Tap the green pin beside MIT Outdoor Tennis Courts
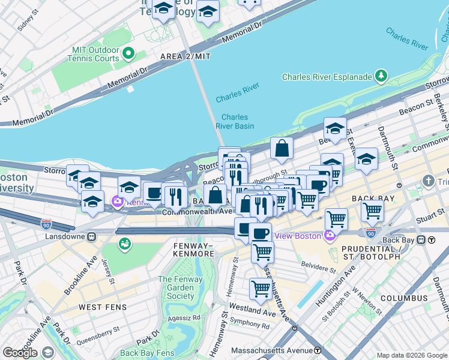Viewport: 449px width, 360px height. click(128, 54)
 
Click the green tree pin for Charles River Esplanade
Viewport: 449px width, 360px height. click(381, 76)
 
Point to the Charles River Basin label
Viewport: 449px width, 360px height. click(238, 122)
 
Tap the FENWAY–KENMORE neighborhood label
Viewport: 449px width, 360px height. click(194, 250)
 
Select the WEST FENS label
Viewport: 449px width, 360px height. click(102, 307)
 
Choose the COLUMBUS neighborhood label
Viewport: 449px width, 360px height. click(403, 298)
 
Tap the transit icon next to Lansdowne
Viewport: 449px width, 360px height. click(92, 236)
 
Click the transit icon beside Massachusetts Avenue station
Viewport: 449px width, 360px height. click(317, 350)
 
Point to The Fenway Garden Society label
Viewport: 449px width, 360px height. click(176, 287)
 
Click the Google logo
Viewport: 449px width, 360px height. click(20, 352)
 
